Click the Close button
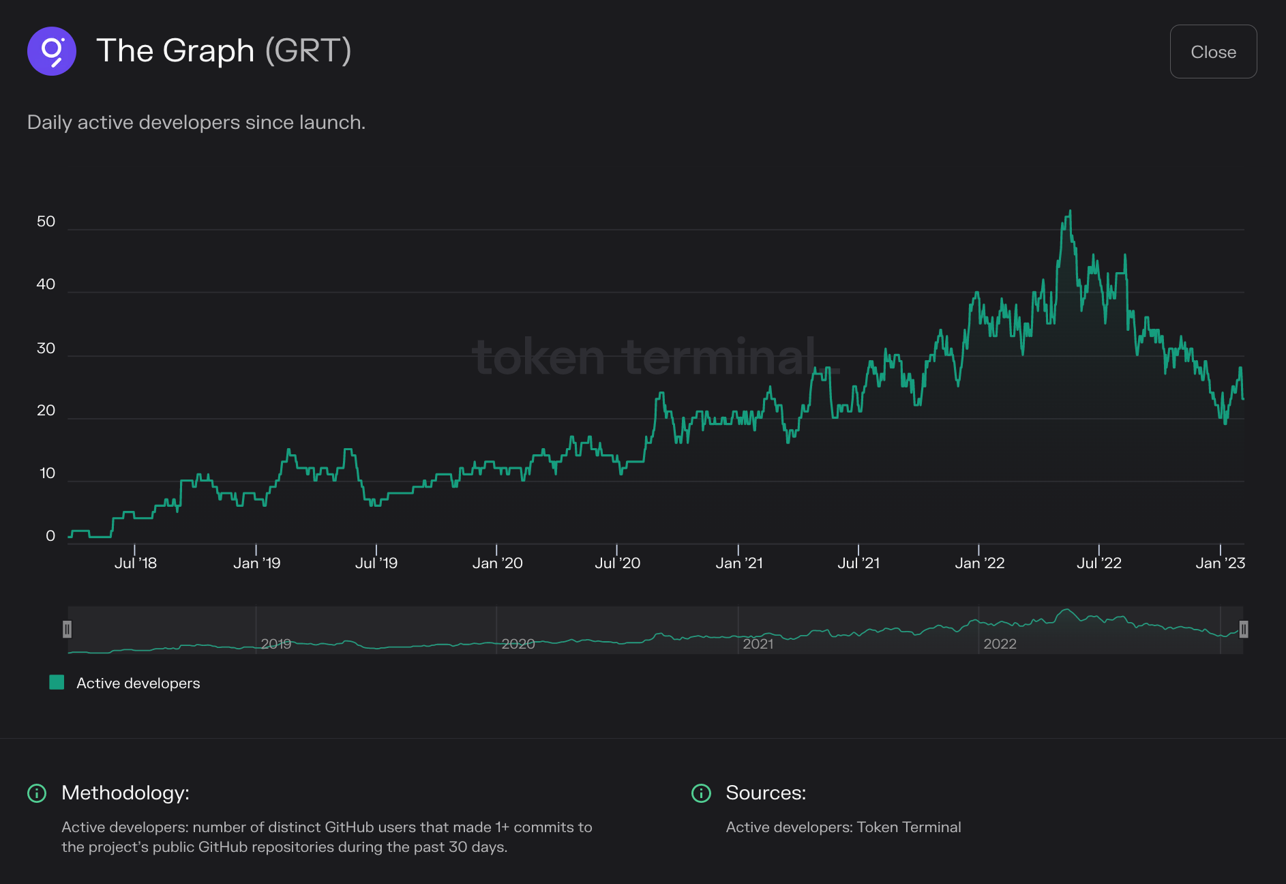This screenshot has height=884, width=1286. pos(1212,52)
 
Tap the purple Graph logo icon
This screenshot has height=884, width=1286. pos(52,51)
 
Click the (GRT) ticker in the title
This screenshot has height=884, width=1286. pos(308,51)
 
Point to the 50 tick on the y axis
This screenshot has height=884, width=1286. pos(46,222)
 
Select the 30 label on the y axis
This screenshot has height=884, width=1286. pos(46,349)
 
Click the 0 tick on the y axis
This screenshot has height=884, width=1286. pos(50,536)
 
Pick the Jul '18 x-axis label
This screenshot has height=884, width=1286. pos(135,563)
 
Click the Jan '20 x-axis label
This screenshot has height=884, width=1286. pos(497,563)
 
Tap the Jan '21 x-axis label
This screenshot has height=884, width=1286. pos(738,563)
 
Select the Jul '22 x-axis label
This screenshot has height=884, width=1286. pos(1098,563)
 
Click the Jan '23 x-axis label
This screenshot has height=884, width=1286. pos(1220,563)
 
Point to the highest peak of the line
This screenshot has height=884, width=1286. pos(1070,211)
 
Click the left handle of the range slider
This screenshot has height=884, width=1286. pos(67,629)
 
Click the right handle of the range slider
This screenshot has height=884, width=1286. pos(1243,629)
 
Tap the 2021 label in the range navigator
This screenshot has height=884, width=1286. pos(758,644)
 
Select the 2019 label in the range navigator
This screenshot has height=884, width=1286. pos(275,644)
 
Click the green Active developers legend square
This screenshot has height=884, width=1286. pos(57,682)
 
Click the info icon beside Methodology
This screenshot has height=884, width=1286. pos(37,793)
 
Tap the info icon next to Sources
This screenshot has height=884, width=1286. pos(701,793)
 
